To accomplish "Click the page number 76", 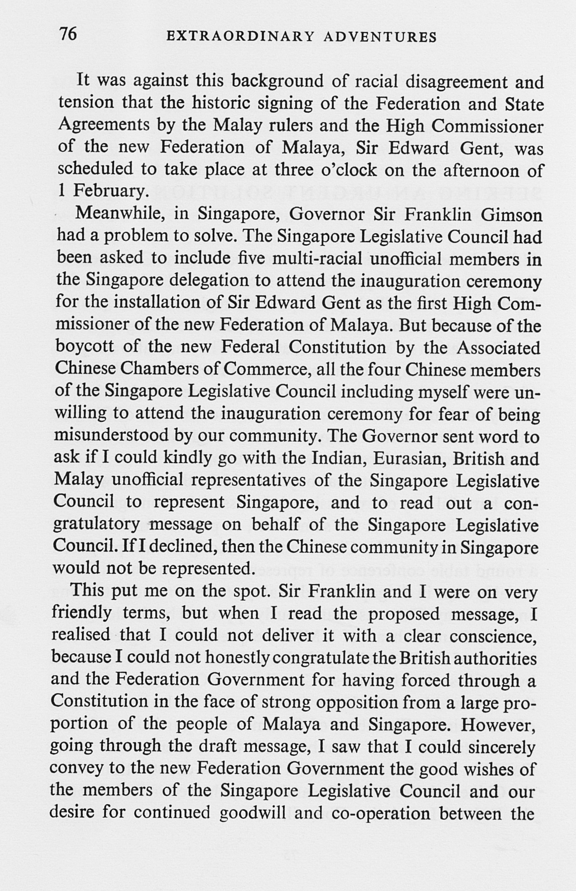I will point(68,34).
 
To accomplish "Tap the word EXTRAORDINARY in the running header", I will point(240,37).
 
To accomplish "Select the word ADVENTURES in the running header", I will point(380,37).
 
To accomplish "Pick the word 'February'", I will point(108,191).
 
